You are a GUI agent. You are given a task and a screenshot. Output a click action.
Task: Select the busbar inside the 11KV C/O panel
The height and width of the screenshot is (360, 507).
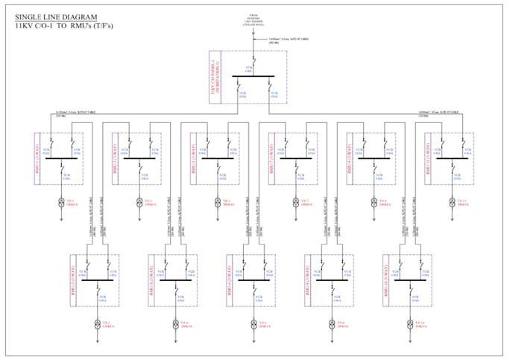tap(254, 76)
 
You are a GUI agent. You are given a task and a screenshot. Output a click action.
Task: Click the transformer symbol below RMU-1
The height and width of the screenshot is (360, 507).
tap(60, 201)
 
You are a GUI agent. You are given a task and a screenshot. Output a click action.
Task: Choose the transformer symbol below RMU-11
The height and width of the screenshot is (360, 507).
tap(450, 201)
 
